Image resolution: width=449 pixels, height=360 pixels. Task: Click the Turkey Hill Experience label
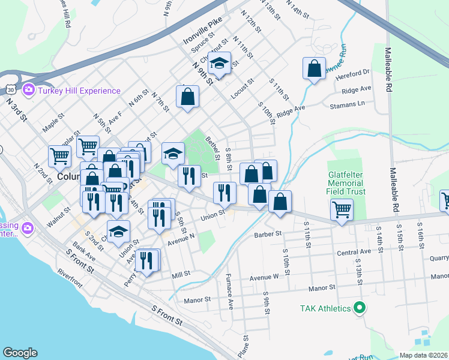79,91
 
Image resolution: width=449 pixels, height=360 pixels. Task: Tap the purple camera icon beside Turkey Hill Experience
28,91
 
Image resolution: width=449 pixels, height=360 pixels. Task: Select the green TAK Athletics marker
360,308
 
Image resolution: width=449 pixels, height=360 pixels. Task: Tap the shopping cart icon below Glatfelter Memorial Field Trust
342,209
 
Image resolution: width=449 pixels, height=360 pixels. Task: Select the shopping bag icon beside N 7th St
187,96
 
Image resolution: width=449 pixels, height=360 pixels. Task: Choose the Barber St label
268,235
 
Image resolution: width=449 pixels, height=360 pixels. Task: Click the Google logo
20,353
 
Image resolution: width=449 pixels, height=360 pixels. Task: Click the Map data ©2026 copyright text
424,355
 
